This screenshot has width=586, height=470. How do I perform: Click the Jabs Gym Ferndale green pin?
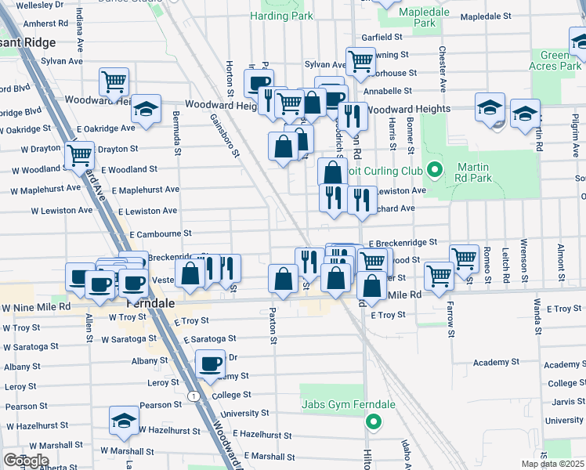374,423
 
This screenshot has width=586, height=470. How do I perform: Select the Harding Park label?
281,16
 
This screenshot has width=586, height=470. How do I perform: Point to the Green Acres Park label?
560,60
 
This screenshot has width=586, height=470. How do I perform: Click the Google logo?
26,461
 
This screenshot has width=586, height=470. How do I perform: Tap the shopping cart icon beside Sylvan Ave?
360,60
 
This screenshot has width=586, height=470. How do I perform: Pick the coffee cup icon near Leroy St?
211,364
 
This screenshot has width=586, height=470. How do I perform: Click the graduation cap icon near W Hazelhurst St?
124,421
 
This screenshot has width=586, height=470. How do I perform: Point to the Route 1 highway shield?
193,396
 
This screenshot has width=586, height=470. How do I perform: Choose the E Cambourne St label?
161,233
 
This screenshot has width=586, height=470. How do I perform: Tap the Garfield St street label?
382,37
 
